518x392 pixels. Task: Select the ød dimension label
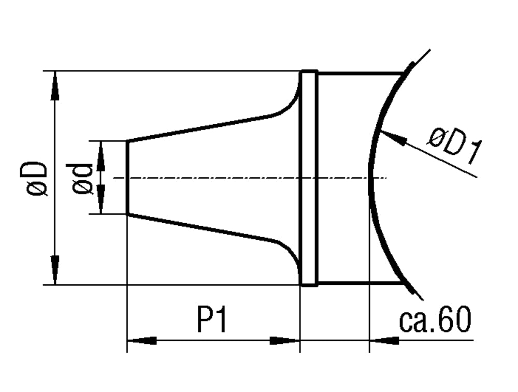point(83,179)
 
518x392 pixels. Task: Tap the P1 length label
point(212,322)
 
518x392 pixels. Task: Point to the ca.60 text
point(435,321)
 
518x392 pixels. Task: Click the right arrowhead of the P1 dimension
point(284,341)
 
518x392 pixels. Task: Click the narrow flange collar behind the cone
point(309,179)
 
